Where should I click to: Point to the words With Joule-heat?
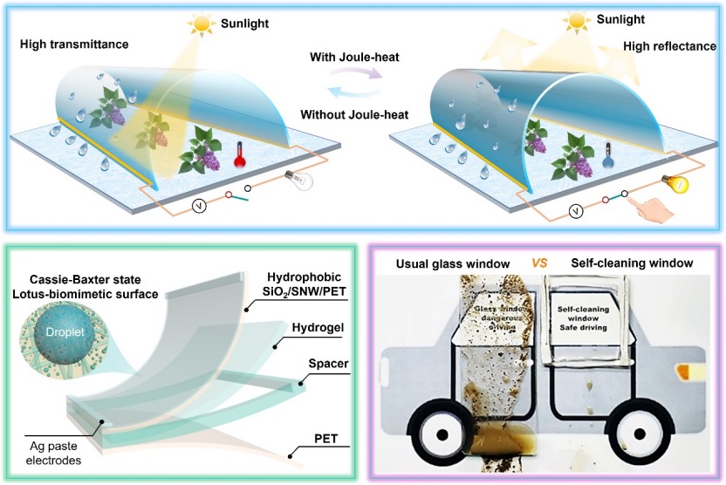click(353, 58)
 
